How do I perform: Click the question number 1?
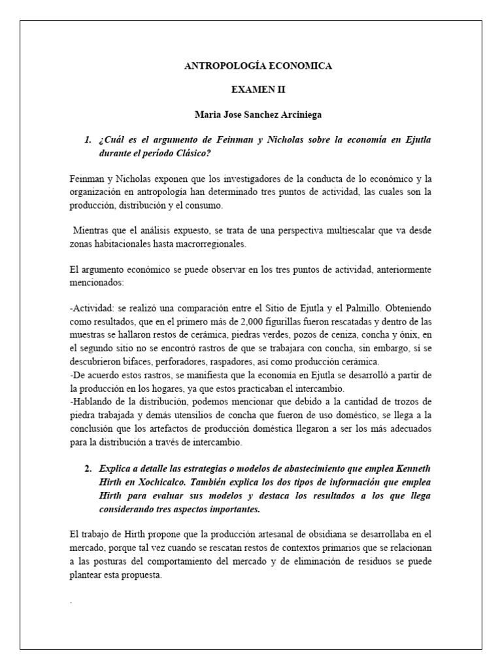click(88, 140)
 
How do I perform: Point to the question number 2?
click(88, 470)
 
